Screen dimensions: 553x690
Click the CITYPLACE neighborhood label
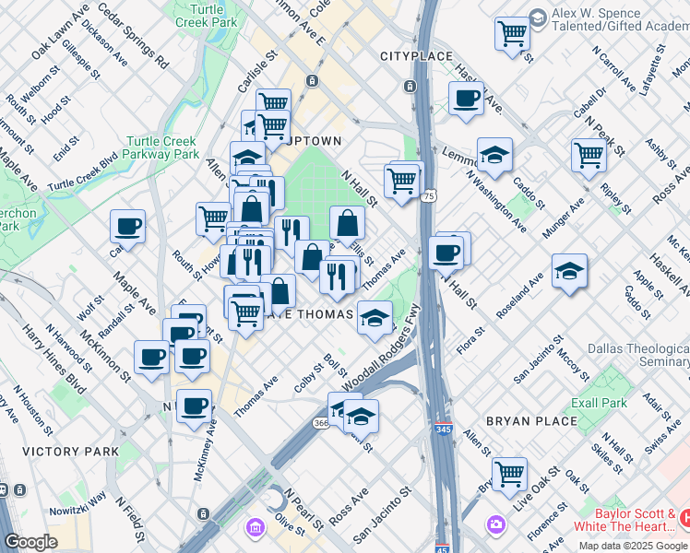click(x=417, y=56)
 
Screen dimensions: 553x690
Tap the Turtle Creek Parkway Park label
click(x=161, y=148)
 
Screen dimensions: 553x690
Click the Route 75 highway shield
click(x=429, y=196)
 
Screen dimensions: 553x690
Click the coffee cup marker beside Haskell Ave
click(x=466, y=98)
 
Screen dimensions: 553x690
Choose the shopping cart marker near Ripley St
click(x=588, y=154)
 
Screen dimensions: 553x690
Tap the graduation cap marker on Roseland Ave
click(x=569, y=270)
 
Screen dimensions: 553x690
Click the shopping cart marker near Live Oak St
click(x=509, y=473)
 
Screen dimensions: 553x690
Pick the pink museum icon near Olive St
click(x=253, y=528)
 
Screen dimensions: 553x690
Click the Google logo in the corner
click(x=31, y=542)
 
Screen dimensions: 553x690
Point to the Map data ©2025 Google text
click(x=634, y=546)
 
